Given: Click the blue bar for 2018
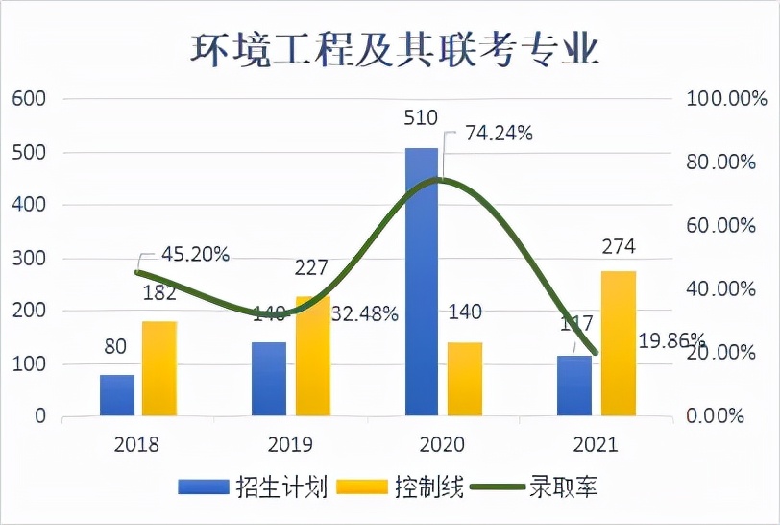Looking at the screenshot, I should (x=117, y=395).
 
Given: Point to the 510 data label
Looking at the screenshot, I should (x=421, y=118).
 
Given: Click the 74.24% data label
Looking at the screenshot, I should (x=499, y=134).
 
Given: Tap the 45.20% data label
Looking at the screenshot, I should (x=195, y=255).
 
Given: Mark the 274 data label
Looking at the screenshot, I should (x=619, y=247).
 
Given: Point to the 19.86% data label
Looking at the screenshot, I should (x=671, y=341).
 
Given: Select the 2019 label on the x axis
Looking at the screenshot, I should (x=290, y=445).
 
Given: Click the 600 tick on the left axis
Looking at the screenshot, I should (x=28, y=99).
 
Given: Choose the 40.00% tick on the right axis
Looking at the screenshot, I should (x=719, y=288).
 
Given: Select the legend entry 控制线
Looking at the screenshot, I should (x=428, y=487).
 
